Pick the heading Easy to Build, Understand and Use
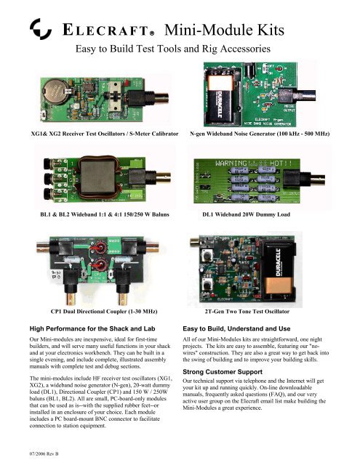pos(255,328)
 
